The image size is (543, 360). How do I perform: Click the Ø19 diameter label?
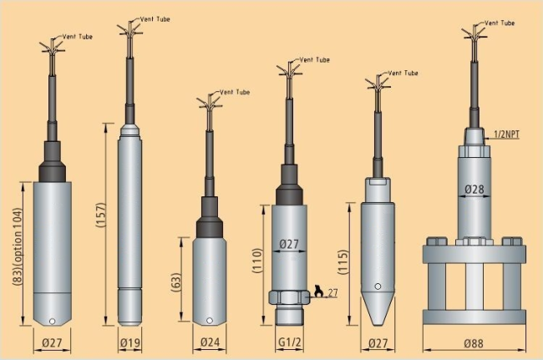point(130,342)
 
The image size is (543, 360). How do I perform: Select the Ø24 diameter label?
point(210,342)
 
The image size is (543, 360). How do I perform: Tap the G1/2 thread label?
point(290,342)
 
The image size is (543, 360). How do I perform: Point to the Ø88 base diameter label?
point(474,343)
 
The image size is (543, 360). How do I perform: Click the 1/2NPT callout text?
point(506,134)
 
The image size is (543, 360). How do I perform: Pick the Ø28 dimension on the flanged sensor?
point(474,189)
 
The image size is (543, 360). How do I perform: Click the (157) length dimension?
point(100,215)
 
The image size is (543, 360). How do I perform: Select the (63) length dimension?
point(176,282)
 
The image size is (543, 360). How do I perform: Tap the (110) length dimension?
point(257,261)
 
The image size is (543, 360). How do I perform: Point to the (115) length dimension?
point(343,262)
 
